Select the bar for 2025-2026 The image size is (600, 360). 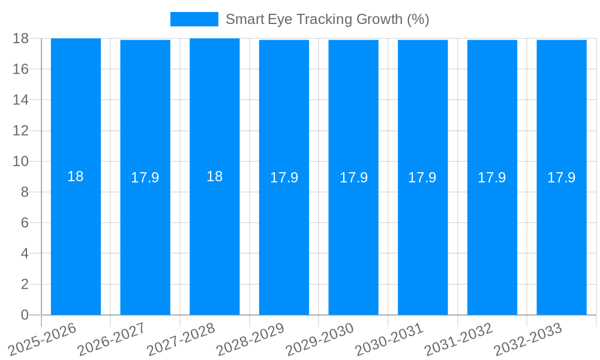coord(76,240)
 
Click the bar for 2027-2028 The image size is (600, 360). coord(214,240)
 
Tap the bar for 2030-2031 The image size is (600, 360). coord(422,240)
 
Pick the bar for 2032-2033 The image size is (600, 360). coord(562,240)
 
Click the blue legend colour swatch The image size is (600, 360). coord(194,19)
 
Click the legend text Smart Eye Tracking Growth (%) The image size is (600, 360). coord(327,19)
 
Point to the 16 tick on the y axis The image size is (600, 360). coord(20,69)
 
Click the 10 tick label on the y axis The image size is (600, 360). coord(20,161)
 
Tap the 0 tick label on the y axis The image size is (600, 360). coord(25,315)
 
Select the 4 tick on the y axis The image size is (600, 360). coord(25,254)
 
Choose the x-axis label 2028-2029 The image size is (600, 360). coord(250,339)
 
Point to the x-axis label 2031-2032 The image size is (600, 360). coord(458,339)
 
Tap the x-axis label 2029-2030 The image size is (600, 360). coord(320,339)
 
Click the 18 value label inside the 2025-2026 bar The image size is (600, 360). coord(76,176)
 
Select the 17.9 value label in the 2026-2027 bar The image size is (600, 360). coord(145,178)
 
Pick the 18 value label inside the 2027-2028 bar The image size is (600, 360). coord(214,176)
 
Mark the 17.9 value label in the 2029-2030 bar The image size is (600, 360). coord(353,178)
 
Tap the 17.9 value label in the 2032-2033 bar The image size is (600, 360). coord(562,178)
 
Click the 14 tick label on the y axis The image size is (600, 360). coord(20,100)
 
